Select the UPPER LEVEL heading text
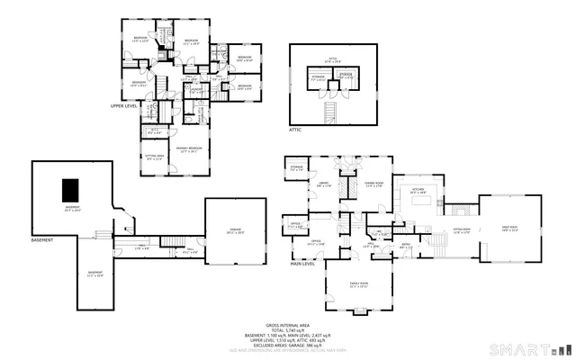click(124, 106)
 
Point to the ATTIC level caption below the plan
click(295, 130)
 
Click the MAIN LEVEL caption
click(302, 265)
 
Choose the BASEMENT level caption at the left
click(42, 240)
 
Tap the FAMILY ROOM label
click(359, 283)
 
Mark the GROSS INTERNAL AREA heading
click(287, 325)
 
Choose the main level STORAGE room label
click(296, 167)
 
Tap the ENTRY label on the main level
click(406, 244)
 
